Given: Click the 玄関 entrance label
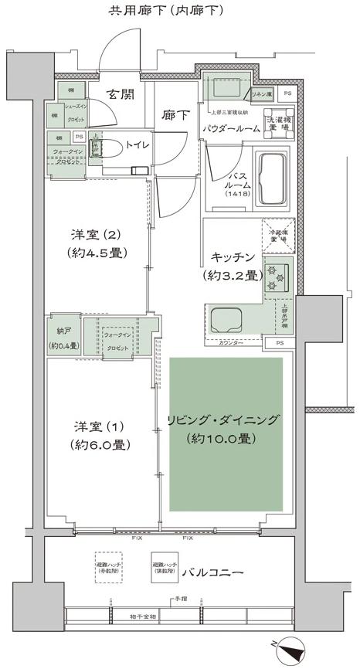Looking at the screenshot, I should click(120, 94).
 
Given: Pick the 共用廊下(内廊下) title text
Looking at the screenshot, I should click(165, 10).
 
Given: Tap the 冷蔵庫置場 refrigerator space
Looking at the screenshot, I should click(277, 236).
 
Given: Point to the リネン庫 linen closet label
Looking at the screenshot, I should click(260, 93).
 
